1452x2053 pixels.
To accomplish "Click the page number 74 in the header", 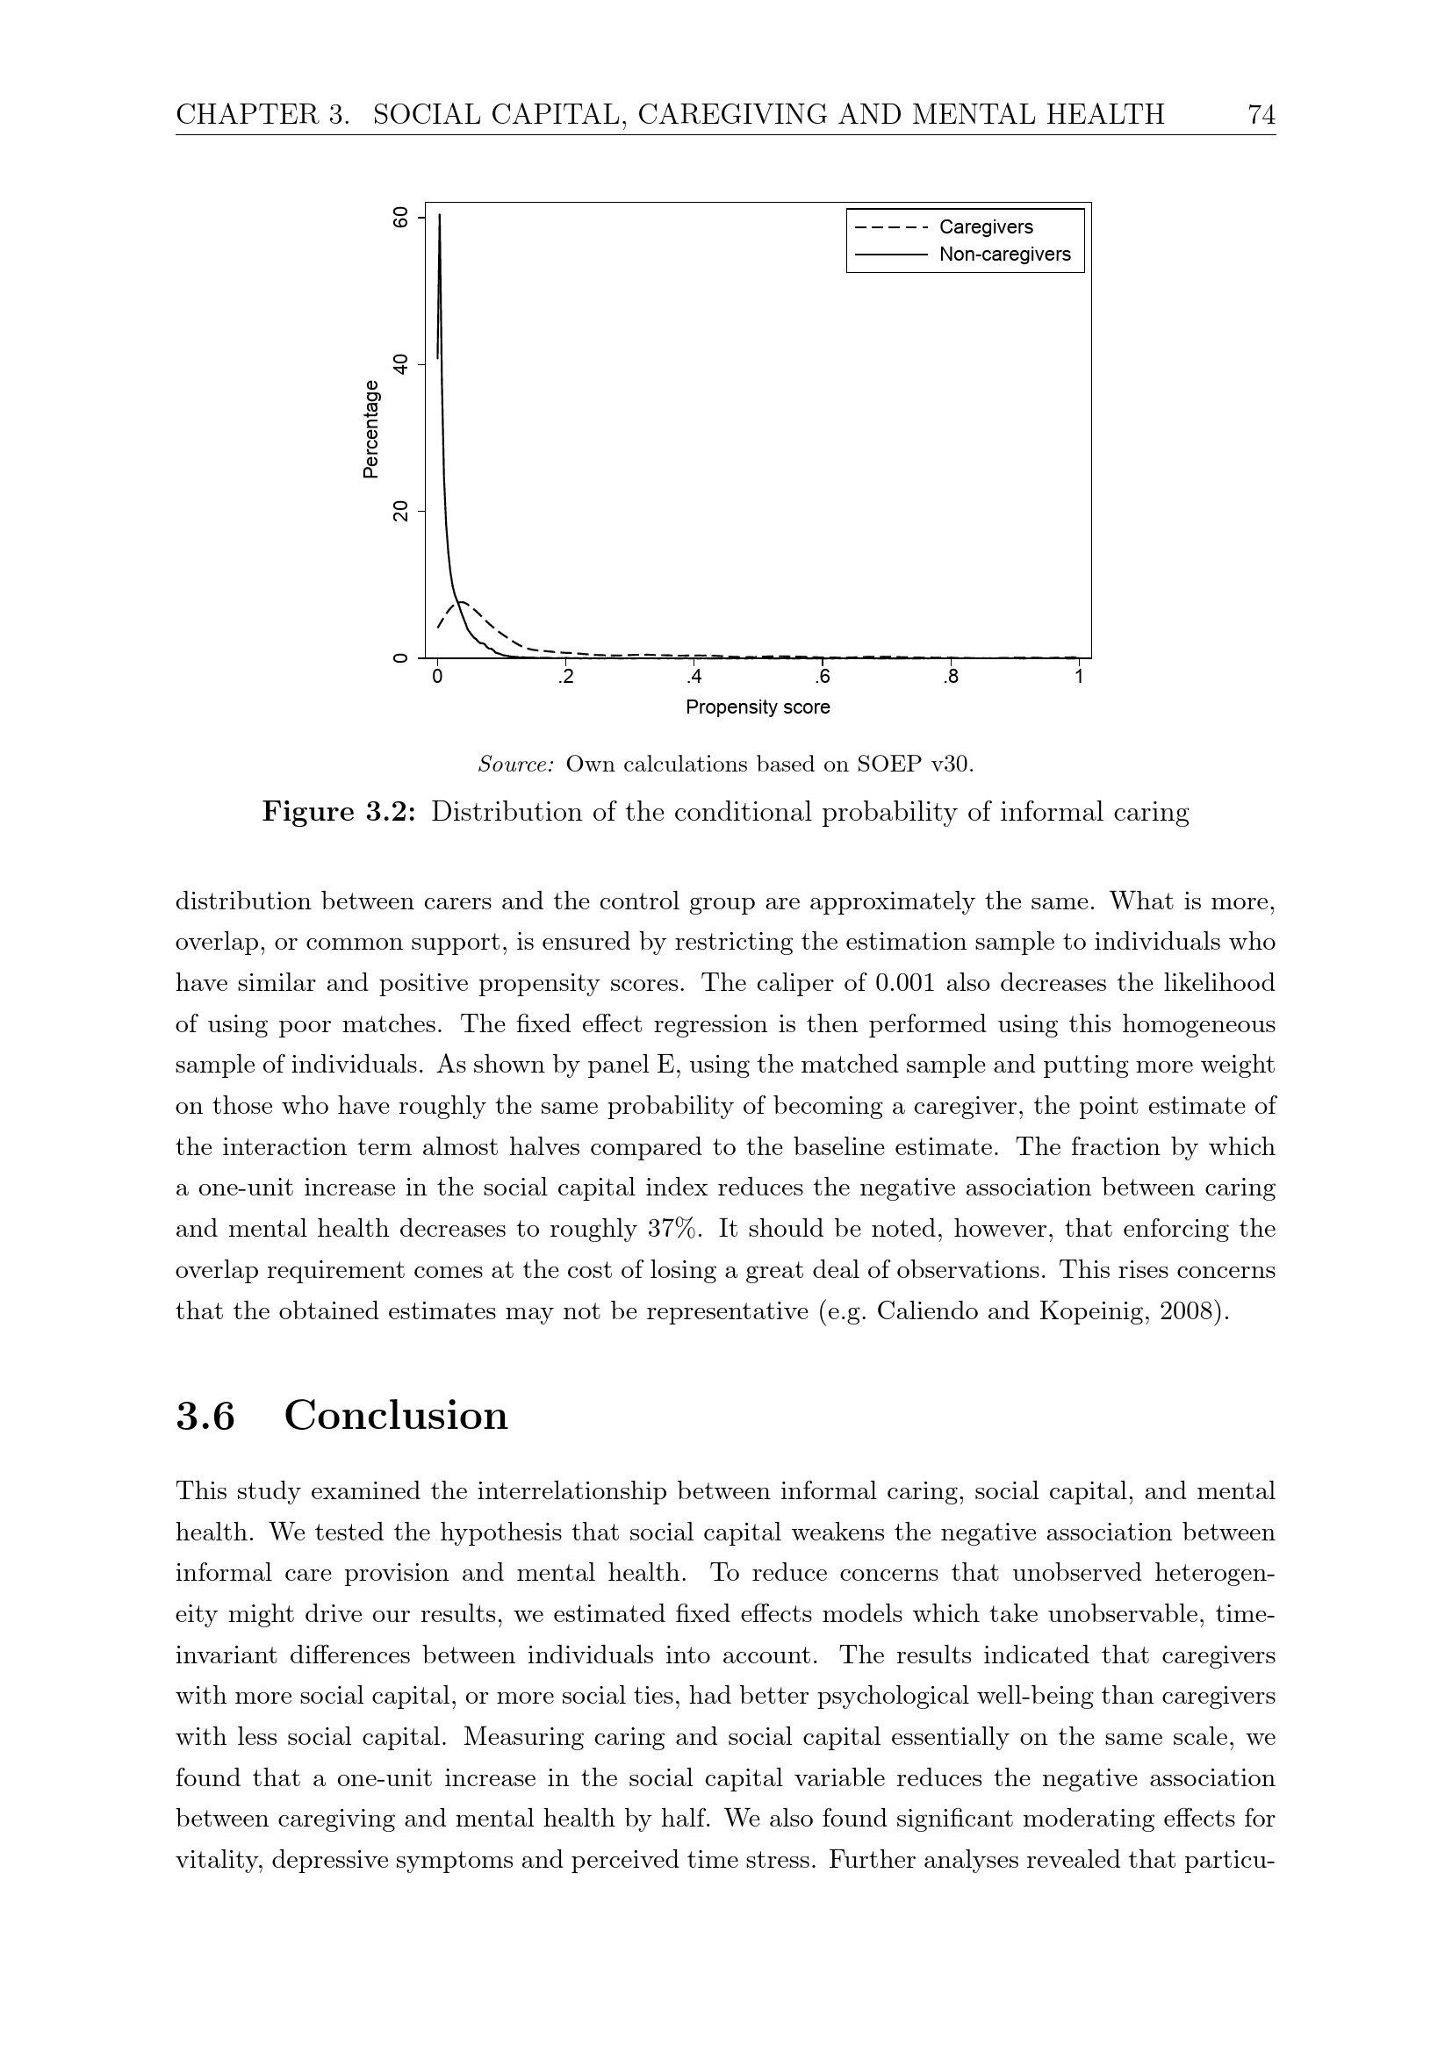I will (1261, 114).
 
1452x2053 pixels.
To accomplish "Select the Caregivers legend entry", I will (985, 227).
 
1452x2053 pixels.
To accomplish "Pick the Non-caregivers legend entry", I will (1004, 254).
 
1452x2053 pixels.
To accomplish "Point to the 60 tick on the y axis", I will (400, 218).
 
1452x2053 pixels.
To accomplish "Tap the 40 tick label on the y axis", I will (400, 364).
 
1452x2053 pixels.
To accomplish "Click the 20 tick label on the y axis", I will (400, 512).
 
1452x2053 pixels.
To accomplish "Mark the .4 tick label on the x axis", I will (693, 677).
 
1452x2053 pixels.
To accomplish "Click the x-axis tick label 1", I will (1078, 677).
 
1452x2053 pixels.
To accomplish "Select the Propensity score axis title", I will (758, 707).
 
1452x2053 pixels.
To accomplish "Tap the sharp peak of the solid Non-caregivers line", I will (439, 216).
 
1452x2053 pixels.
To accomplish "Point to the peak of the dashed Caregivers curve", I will (462, 602).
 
